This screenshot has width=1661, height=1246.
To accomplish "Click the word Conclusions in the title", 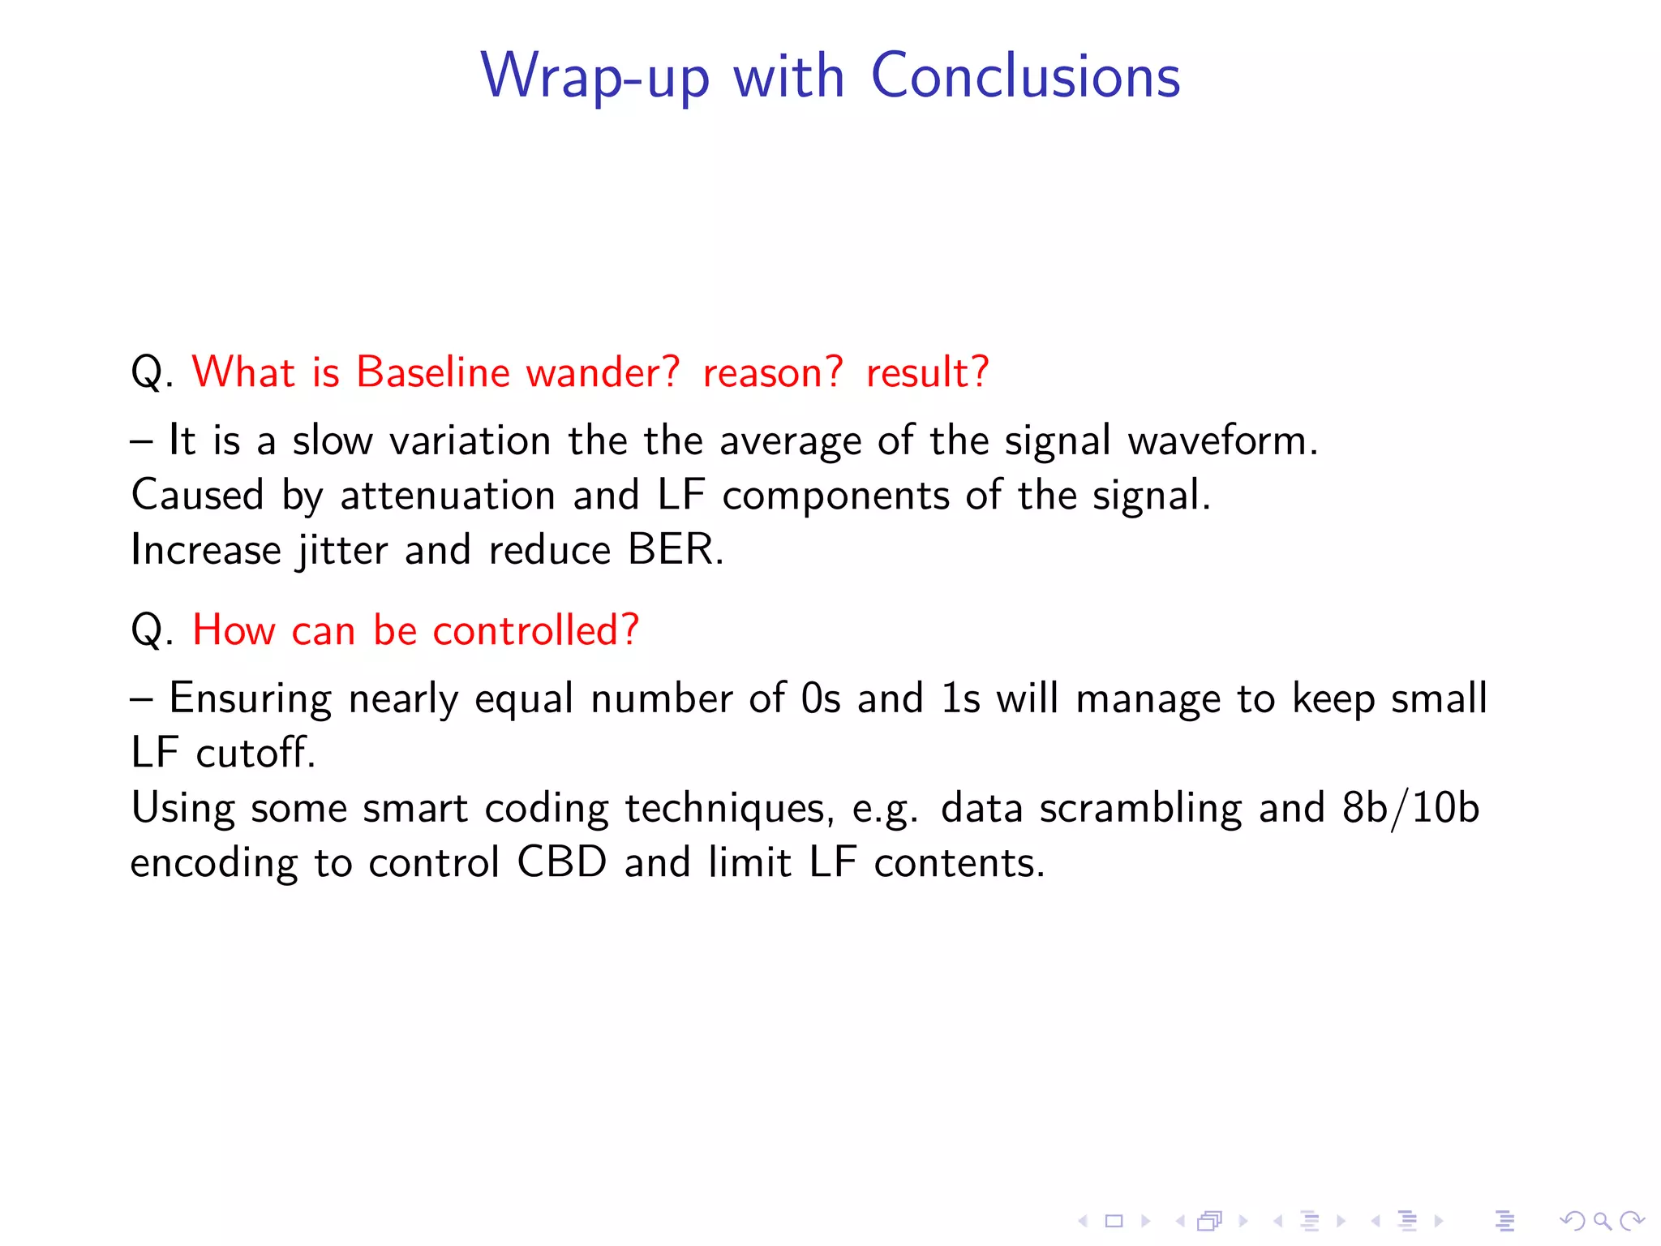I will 1025,76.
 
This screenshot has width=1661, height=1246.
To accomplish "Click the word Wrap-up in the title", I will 594,76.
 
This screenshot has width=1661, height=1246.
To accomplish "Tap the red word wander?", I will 603,372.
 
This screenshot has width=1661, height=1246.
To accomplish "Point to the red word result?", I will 927,372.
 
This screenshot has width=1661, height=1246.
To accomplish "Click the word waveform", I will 1222,440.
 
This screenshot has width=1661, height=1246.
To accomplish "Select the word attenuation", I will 447,496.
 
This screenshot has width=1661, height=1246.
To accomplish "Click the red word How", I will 234,630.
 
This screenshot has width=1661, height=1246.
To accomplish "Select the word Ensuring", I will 250,698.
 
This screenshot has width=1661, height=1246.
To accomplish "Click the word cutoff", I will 255,753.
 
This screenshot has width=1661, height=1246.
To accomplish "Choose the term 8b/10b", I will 1410,808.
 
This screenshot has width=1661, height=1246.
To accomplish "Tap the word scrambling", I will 1140,808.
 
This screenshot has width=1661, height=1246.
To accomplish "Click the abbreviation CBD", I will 561,862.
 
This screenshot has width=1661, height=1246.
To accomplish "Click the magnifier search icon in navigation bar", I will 1601,1221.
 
